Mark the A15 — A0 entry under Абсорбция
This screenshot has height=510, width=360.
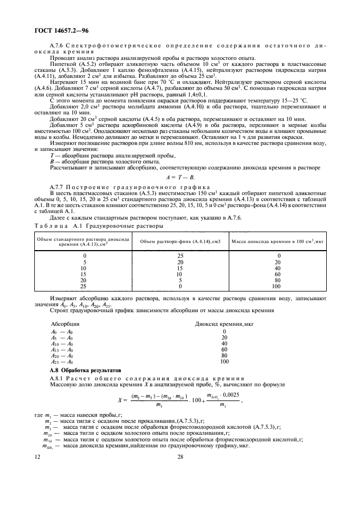pos(62,349)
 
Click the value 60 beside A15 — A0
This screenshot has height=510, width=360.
pos(224,349)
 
